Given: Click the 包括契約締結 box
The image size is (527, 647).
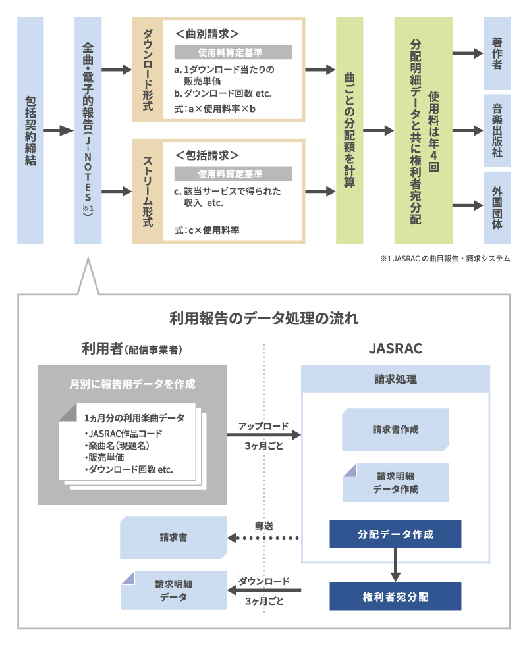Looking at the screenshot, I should coord(30,130).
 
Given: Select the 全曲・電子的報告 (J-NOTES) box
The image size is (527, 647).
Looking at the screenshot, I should coord(88,130).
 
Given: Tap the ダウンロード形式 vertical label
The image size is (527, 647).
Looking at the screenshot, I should coord(148,69).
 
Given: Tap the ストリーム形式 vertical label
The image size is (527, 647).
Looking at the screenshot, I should coord(148,191).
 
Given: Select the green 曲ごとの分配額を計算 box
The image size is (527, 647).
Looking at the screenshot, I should coord(350,130).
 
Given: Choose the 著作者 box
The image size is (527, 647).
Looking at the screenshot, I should coord(497,53).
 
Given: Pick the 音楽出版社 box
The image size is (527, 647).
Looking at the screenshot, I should coord(497,130).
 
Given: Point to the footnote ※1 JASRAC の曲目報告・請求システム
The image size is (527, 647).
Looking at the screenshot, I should coord(445,259).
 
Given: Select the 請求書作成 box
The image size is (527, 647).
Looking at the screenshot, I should coord(395,429).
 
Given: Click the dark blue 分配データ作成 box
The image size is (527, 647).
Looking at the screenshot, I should coord(395,534).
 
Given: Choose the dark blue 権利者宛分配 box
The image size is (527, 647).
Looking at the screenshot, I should coord(395,596).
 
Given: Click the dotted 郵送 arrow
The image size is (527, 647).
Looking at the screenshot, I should coord(263,538).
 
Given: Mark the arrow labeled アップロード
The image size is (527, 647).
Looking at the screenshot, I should coord(263,435).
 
